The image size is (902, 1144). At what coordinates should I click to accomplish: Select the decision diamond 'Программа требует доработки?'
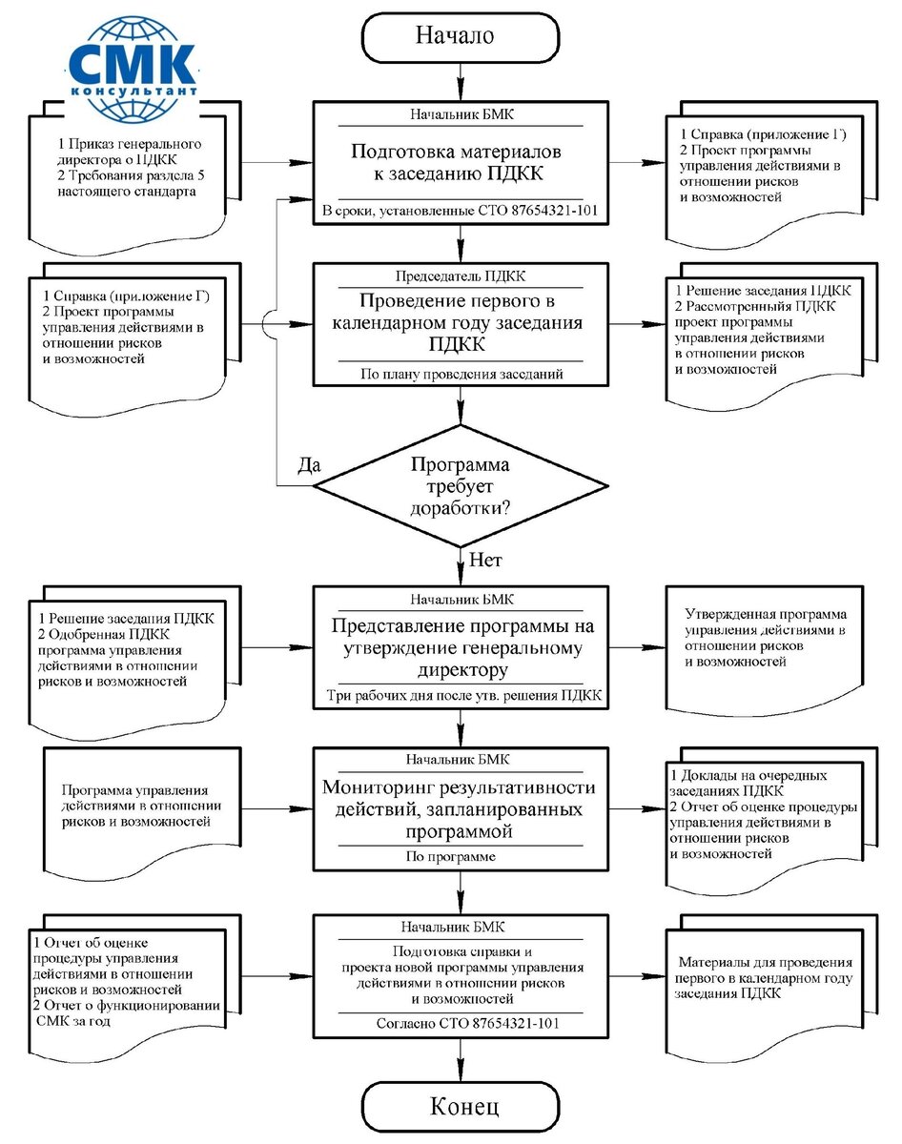tap(461, 486)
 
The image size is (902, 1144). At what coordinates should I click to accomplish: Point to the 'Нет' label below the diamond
tap(486, 559)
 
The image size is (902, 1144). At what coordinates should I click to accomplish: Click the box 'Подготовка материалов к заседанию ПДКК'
tap(461, 163)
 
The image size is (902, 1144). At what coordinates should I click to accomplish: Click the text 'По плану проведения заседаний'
tap(461, 374)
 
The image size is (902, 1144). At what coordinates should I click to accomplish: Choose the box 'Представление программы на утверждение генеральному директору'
tap(461, 648)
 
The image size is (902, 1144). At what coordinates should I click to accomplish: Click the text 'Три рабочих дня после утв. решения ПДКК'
tap(461, 696)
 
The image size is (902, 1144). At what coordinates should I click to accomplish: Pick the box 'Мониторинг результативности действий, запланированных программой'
tap(461, 809)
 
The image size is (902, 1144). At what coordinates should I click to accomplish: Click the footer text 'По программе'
tap(461, 857)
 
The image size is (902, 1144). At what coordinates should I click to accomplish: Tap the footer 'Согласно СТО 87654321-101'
tap(461, 1023)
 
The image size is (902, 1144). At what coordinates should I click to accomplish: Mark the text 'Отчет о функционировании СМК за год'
tap(129, 1014)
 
